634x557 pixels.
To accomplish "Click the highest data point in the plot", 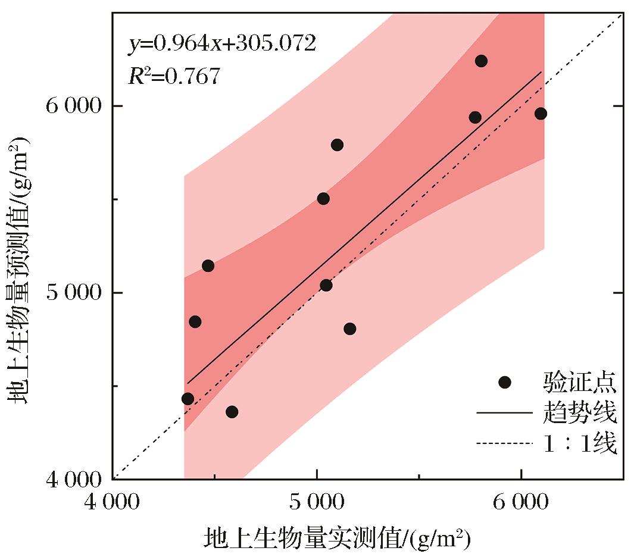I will [481, 61].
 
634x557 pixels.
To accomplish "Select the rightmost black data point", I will [541, 114].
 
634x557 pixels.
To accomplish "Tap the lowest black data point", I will [232, 412].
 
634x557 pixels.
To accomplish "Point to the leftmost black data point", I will [188, 399].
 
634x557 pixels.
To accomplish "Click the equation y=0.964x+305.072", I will [222, 43].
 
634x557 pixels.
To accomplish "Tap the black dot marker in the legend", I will [505, 382].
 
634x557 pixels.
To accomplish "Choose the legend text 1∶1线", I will [579, 443].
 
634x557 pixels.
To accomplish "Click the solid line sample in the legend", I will [505, 412].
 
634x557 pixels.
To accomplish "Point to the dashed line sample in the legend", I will [505, 443].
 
